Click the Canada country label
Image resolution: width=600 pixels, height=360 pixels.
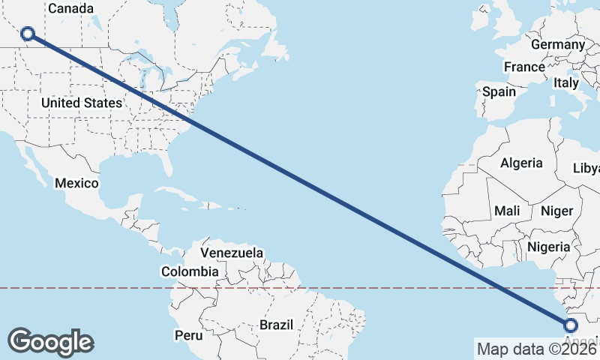click(70, 9)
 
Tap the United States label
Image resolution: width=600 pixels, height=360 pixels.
click(81, 103)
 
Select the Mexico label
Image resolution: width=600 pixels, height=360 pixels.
click(76, 184)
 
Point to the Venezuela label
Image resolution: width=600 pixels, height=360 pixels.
click(232, 253)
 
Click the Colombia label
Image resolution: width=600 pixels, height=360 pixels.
click(190, 271)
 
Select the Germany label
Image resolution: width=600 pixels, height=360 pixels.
click(557, 45)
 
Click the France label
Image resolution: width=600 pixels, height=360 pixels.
click(524, 67)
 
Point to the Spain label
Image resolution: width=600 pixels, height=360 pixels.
click(499, 91)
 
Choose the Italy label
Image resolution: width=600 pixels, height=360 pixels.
click(566, 83)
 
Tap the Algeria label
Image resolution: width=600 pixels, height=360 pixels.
click(521, 163)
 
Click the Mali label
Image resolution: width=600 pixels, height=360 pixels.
click(507, 211)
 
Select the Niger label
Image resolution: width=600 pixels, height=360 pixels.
click(556, 211)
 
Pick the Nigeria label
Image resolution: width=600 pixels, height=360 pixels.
click(549, 246)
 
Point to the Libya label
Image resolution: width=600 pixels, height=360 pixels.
click(586, 168)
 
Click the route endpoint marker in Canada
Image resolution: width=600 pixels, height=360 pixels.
click(28, 33)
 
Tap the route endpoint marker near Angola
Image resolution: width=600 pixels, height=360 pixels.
click(571, 325)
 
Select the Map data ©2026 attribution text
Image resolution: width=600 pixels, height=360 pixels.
click(537, 349)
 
